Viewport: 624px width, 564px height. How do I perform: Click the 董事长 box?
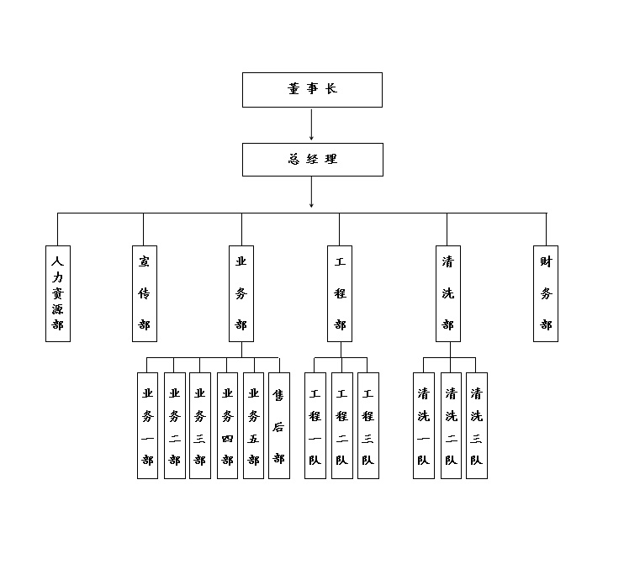312,90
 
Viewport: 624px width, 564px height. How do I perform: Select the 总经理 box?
312,160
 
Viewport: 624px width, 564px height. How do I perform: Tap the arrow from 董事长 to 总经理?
312,124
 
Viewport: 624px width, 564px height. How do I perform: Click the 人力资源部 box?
57,293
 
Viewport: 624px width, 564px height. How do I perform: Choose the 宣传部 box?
145,293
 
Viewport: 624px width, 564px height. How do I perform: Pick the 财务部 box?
546,293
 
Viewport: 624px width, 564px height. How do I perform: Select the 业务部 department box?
241,293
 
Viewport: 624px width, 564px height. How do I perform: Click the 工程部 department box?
340,293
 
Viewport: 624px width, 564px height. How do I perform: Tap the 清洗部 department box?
447,293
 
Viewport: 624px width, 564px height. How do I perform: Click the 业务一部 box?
148,425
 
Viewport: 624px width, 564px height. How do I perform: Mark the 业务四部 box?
227,425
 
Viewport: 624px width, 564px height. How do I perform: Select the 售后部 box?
279,425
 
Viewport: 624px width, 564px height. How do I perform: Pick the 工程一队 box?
315,425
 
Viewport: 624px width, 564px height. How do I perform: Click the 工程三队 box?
368,425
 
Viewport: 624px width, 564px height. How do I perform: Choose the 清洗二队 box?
451,425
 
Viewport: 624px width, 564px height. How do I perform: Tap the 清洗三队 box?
477,425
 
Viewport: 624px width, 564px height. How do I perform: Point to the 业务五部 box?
253,425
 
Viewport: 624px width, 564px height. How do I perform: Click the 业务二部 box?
174,425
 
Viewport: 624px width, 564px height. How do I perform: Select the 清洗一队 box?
424,425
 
